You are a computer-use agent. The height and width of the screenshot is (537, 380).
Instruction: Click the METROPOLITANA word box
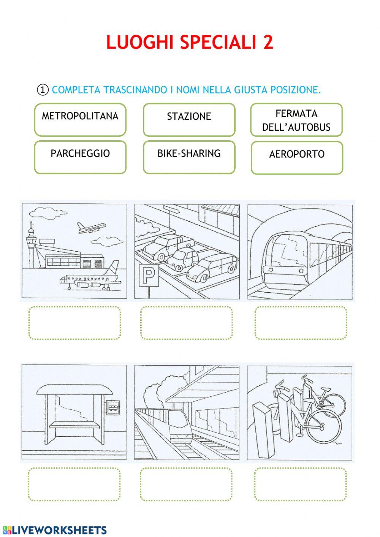click(80, 120)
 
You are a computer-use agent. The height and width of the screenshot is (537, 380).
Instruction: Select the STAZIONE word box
click(189, 120)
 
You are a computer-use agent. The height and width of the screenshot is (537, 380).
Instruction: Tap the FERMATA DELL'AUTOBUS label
click(296, 120)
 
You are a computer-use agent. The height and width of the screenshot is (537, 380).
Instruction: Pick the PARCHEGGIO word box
click(80, 157)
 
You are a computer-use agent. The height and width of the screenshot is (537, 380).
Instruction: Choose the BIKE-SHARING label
click(189, 157)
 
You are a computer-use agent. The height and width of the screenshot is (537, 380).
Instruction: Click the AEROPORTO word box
click(297, 158)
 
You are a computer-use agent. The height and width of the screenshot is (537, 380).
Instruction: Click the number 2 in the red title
click(268, 43)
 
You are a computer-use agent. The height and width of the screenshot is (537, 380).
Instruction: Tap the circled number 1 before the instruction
click(43, 90)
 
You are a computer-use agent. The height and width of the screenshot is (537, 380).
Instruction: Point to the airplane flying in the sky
click(91, 228)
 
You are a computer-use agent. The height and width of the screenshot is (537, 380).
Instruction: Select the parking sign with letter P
click(149, 275)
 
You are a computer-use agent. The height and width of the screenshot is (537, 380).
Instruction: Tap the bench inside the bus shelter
click(74, 425)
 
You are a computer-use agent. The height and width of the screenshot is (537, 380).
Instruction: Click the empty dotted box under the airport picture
click(74, 323)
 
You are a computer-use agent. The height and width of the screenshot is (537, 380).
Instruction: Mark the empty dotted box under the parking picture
click(186, 323)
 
